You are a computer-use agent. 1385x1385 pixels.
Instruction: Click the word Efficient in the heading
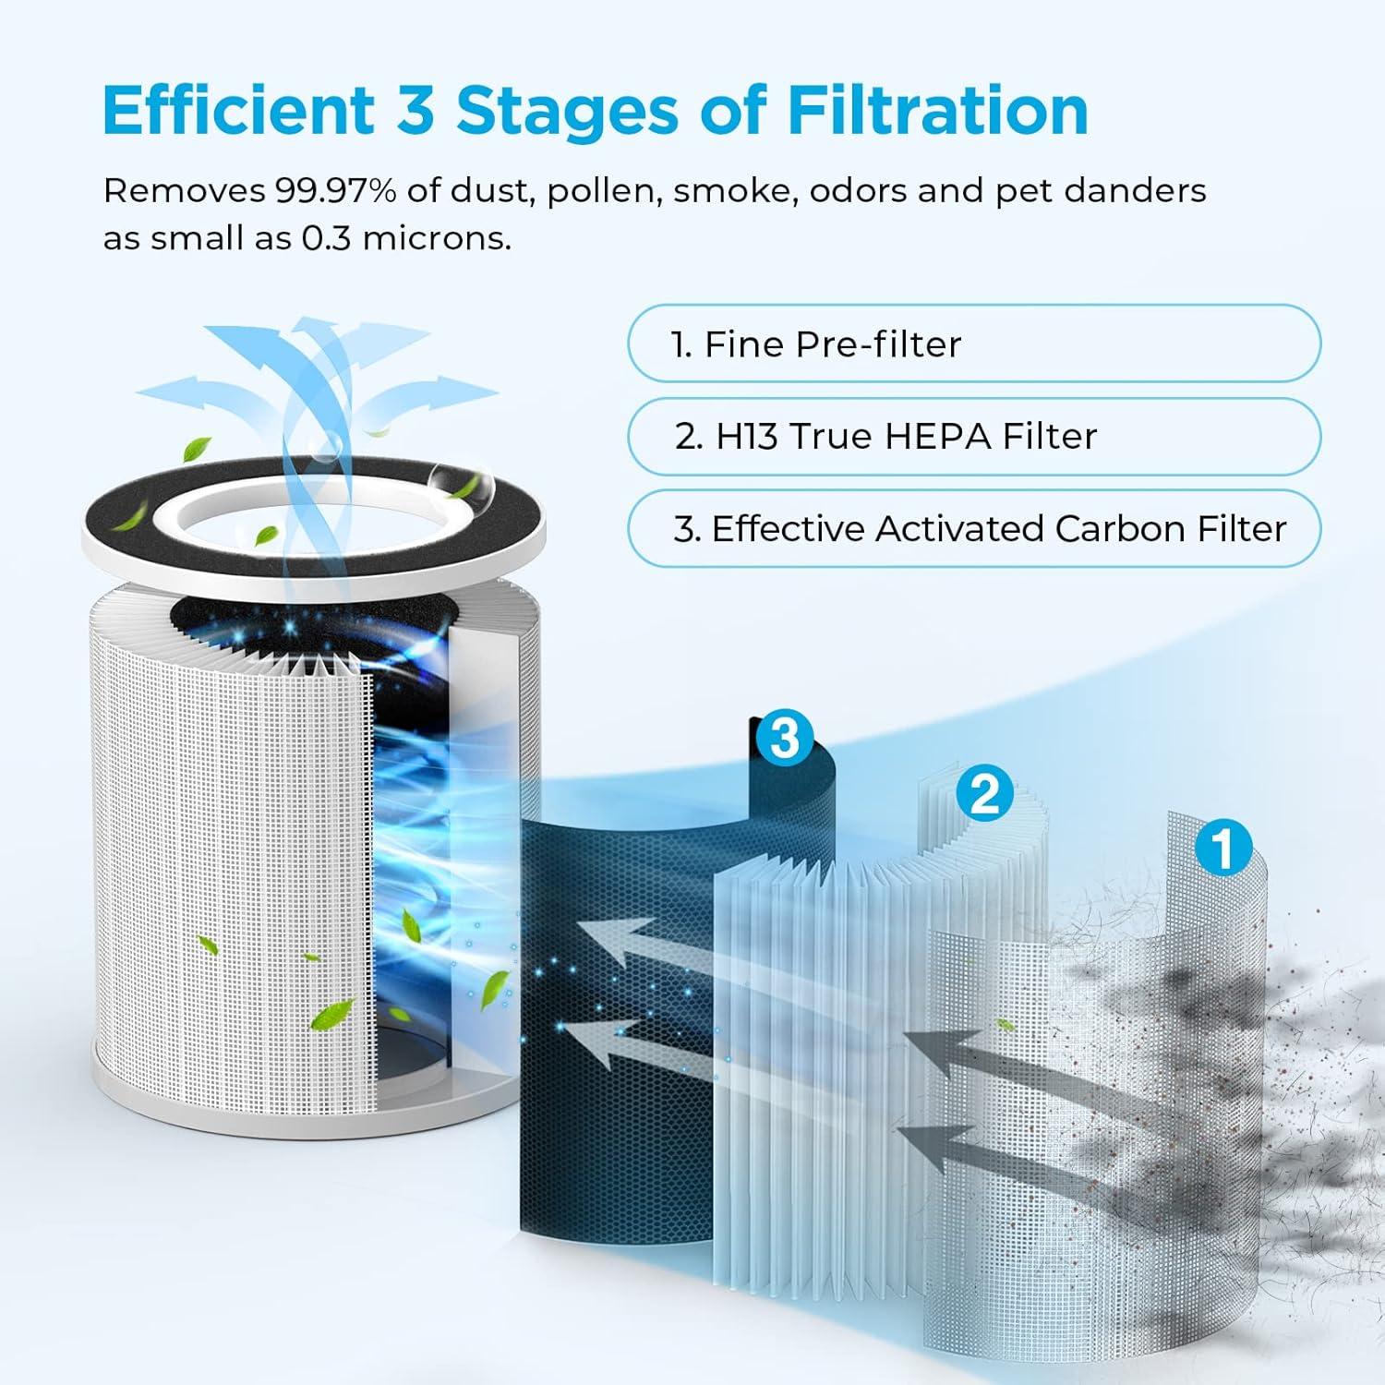coord(238,110)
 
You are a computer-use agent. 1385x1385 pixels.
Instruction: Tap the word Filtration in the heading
coord(937,110)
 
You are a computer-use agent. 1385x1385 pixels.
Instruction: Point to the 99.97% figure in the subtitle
coord(335,190)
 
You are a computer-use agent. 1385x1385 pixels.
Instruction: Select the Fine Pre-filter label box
coord(974,343)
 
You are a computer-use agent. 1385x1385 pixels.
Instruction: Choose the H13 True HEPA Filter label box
coord(974,436)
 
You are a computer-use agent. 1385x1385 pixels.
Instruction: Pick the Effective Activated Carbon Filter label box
coord(974,528)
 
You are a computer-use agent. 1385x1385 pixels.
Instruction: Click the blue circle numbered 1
coord(1223,848)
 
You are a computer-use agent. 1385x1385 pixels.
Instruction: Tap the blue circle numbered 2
coord(984,792)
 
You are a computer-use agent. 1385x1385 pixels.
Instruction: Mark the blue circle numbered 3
coord(784,738)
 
